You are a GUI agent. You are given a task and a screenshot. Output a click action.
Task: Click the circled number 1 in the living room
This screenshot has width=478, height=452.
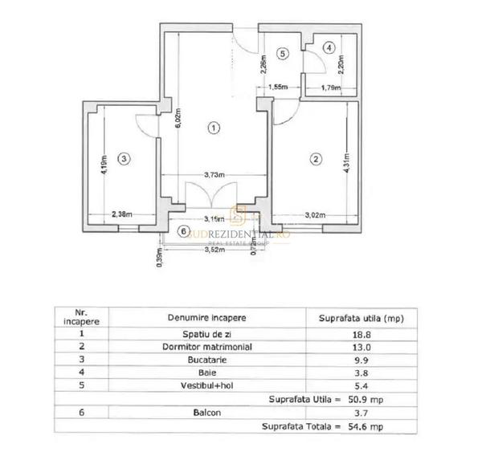tap(213, 127)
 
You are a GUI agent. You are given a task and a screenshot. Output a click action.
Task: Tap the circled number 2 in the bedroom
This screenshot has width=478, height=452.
tap(316, 159)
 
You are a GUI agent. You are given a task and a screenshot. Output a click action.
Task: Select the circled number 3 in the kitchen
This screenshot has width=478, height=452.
tap(122, 159)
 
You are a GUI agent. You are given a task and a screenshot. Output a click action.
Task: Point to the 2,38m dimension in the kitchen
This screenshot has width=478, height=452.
tap(121, 214)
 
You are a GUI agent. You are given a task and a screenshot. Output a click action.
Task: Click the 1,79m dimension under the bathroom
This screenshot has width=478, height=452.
tap(324, 87)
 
